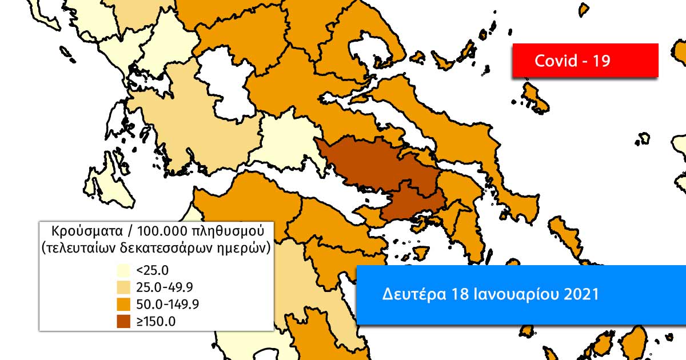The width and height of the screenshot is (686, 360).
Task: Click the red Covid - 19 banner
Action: [585, 60]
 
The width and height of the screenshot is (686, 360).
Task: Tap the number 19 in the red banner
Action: [601, 61]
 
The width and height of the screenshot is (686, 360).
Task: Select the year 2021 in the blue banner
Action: [581, 295]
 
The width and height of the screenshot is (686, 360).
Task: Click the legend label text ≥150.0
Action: [156, 321]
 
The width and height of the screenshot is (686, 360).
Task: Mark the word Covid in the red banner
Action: [555, 61]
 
